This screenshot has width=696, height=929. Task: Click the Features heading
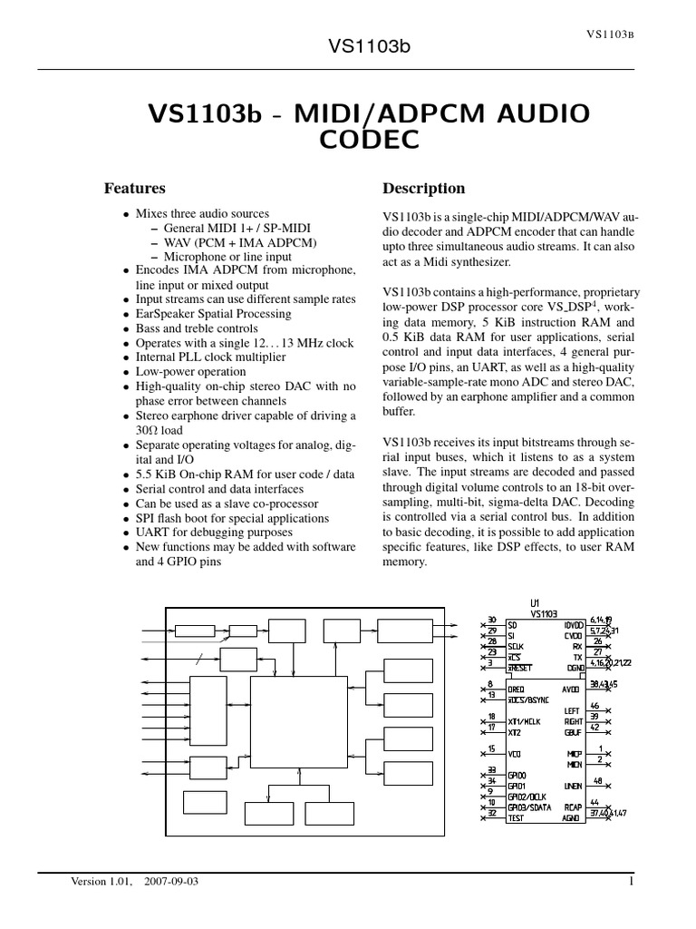[x=135, y=189]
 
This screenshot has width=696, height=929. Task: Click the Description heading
[x=424, y=189]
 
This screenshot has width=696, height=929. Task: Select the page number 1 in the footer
[x=629, y=881]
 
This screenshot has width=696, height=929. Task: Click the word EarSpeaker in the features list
[x=167, y=314]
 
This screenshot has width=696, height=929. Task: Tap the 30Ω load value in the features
[x=164, y=431]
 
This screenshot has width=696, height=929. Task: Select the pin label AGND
[x=571, y=817]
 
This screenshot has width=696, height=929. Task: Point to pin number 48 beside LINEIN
[x=597, y=780]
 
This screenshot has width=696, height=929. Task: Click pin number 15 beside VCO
[x=490, y=748]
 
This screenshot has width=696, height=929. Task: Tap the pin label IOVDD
[x=574, y=625]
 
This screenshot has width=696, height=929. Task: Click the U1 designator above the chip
[x=534, y=602]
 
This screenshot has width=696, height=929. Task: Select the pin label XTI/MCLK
[x=525, y=719]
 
